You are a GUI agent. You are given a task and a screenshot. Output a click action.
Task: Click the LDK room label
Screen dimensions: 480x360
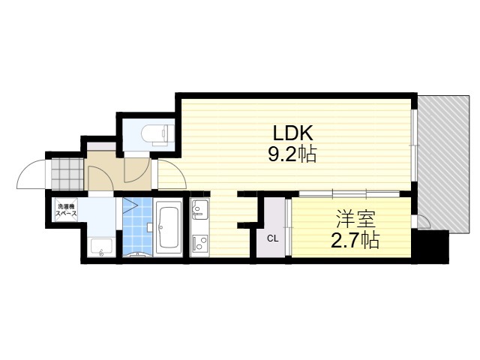pos(292,133)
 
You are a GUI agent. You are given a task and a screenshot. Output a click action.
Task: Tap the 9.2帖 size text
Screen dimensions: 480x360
pos(292,154)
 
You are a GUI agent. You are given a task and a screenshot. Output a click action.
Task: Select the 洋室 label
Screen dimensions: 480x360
pos(356,219)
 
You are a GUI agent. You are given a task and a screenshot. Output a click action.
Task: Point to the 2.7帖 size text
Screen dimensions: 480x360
pos(355,240)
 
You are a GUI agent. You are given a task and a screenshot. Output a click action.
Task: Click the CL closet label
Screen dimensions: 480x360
pos(272,238)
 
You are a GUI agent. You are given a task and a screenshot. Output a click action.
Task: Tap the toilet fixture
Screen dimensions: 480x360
pos(157,134)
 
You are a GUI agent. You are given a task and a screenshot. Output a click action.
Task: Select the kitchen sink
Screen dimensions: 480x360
pos(199,208)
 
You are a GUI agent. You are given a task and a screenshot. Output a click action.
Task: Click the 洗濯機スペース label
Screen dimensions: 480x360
pos(66,210)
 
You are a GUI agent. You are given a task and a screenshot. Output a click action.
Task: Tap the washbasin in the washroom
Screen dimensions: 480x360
pos(102,247)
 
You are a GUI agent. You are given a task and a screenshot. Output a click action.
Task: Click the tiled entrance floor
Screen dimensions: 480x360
pos(67,174)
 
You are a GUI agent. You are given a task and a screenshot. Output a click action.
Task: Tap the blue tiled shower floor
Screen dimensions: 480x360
pos(137,226)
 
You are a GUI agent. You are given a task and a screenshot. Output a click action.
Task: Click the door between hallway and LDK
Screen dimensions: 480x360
pos(172,175)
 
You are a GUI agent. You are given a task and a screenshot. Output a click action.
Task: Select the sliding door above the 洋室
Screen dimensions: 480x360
pos(349,194)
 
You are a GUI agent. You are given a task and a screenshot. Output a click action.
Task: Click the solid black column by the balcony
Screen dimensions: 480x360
pos(430,246)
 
